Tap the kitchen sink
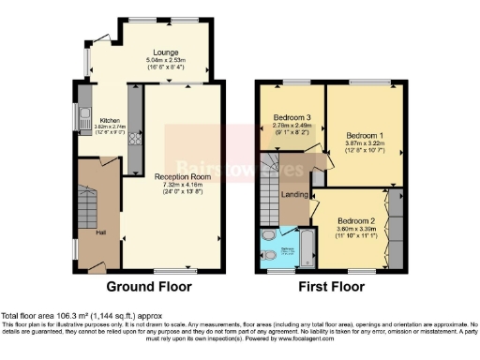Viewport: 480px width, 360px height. pyautogui.click(x=83, y=119)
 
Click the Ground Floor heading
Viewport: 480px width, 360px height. pyautogui.click(x=148, y=286)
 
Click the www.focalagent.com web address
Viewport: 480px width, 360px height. pyautogui.click(x=284, y=338)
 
